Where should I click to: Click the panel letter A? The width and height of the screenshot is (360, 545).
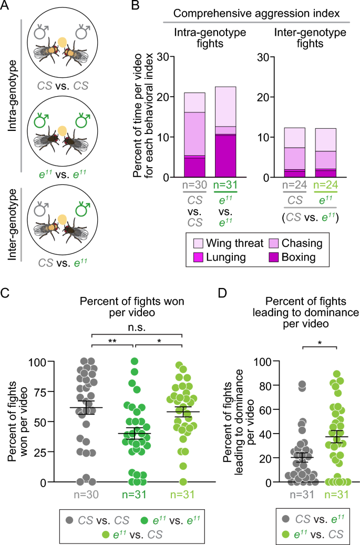(x=8, y=7)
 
